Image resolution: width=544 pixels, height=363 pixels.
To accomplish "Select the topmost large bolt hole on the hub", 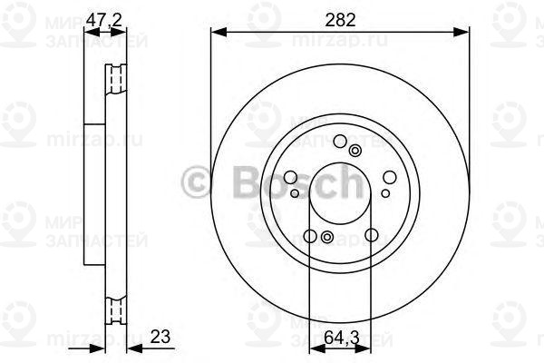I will coord(340,141).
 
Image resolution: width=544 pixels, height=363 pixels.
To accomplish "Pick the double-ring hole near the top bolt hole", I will coord(355,151).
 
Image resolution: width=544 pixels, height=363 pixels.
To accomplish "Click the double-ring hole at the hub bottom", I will coord(326,239).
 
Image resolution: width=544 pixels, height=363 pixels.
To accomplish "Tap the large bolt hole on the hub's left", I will coord(291,179).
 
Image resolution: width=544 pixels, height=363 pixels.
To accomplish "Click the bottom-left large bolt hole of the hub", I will coord(309,237).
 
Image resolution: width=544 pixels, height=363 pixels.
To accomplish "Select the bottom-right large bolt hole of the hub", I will coord(371,237).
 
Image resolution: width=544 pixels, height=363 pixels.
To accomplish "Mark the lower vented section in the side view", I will coord(115,309).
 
